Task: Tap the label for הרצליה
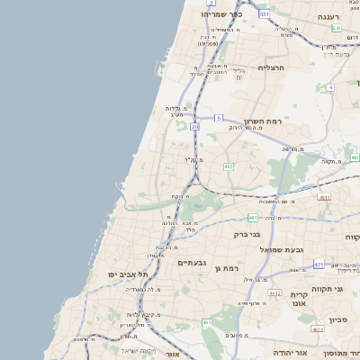pos(271,67)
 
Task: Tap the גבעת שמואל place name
pos(281,249)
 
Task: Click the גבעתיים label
pos(193,262)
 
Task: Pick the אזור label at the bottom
pos(173,355)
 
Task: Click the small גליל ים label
pos(238,73)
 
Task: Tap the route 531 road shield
pos(264,14)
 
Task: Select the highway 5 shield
pos(219,118)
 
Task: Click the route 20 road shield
pos(194,127)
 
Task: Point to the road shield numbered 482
pos(229,166)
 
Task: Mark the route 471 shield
pos(319,264)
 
